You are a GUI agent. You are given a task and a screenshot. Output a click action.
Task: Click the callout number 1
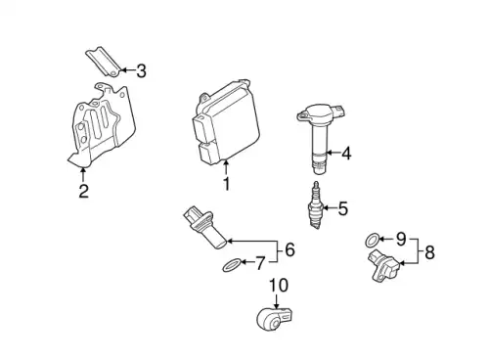[x=227, y=184]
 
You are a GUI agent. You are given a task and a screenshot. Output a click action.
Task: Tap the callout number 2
[x=84, y=191]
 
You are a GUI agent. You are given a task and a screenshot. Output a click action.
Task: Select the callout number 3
[x=141, y=71]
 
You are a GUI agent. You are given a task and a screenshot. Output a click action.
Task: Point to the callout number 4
[x=346, y=154]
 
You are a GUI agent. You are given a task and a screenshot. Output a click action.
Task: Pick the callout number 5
[x=343, y=208]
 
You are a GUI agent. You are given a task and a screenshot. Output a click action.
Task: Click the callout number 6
[x=289, y=249]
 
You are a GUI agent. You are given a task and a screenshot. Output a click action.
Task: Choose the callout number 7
[x=259, y=263]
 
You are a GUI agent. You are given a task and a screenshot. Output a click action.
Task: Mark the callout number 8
[x=430, y=252]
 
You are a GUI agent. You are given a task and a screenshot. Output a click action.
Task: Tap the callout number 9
[x=401, y=240]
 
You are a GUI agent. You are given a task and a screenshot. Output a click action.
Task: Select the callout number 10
[x=279, y=286]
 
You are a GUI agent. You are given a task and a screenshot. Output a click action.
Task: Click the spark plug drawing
[x=316, y=205]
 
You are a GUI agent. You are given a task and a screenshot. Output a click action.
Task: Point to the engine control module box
[x=225, y=121]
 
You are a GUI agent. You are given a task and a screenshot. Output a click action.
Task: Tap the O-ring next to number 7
[x=233, y=265]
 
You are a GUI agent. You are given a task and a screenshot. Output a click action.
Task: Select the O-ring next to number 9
[x=373, y=241]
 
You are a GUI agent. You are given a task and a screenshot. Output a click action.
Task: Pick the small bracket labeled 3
[x=104, y=62]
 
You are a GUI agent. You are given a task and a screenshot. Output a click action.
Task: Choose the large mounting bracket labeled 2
[x=102, y=125]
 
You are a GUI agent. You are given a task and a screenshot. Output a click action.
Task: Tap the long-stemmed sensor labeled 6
[x=204, y=227]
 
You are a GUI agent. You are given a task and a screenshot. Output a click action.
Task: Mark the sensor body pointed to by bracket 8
[x=383, y=265]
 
